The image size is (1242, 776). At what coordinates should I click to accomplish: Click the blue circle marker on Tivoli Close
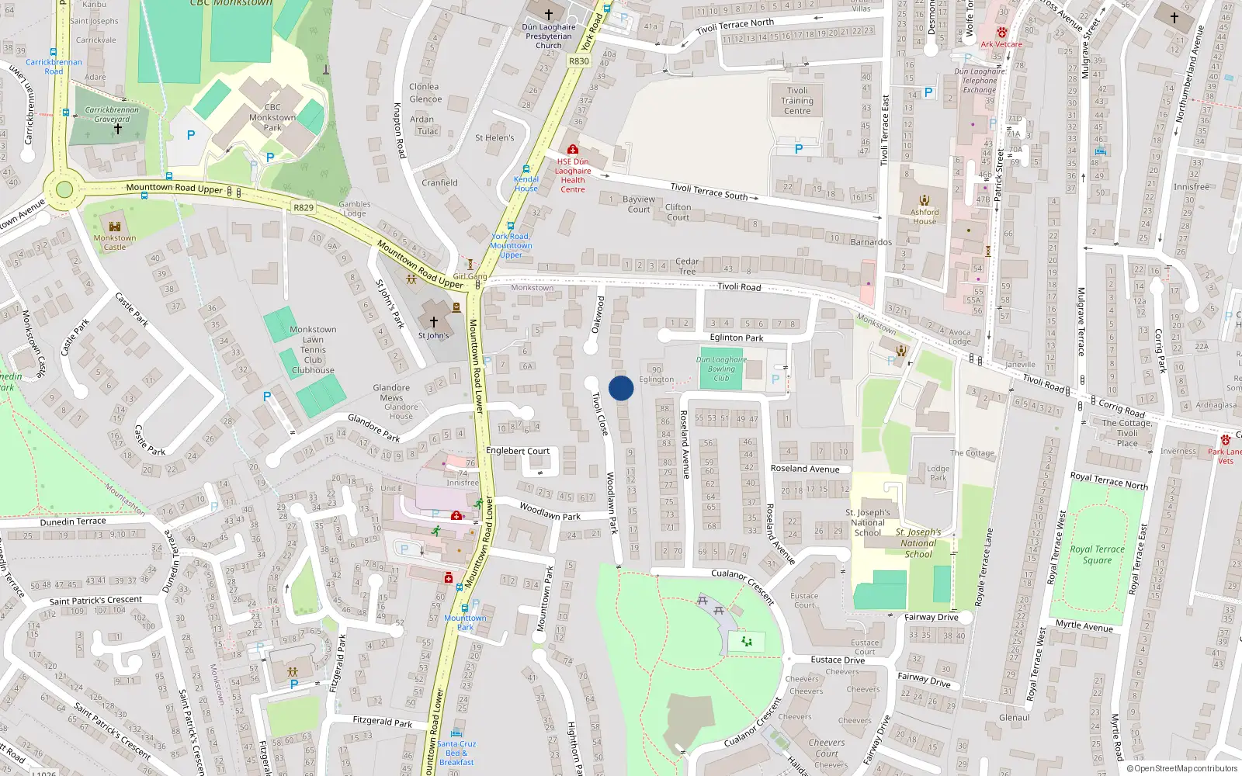tap(621, 388)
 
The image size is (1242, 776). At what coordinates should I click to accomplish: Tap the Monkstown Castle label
tap(115, 243)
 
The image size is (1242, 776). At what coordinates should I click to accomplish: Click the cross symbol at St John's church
tap(433, 320)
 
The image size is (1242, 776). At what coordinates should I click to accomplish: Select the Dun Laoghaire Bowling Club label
tap(721, 369)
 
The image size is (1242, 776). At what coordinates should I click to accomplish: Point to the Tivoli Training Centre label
tap(797, 101)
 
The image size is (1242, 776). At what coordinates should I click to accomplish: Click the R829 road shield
tap(304, 207)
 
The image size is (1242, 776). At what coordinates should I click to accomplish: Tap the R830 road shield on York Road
tap(579, 61)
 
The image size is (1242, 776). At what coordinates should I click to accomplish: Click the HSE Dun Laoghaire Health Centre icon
tap(573, 149)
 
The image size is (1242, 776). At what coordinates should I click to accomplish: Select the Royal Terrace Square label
tap(1097, 554)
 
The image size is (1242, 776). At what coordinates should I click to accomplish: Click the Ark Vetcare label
tap(1001, 44)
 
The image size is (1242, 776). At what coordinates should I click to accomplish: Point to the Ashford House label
tap(925, 217)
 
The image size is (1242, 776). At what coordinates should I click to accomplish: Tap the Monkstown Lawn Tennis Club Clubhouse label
tap(313, 350)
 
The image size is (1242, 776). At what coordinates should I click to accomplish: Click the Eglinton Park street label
tap(737, 338)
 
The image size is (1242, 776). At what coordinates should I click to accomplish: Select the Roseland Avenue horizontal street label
tap(805, 469)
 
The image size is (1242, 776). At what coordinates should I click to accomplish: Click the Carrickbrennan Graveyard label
tap(112, 115)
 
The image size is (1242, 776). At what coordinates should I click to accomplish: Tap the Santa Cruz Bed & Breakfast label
tap(456, 753)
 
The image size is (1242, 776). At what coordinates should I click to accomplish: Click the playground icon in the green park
tap(747, 642)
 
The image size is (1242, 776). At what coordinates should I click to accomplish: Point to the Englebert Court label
tap(518, 451)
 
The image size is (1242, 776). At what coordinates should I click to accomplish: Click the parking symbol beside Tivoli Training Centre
tap(798, 149)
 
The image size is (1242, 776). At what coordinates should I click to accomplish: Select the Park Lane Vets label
tap(1226, 456)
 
